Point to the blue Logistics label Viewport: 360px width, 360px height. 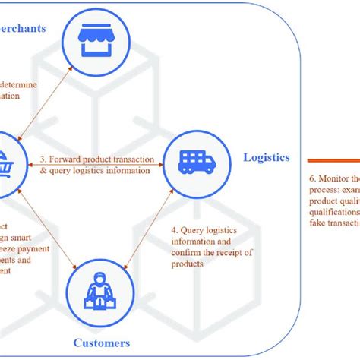click(266, 158)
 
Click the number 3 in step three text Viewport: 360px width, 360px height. click(42, 159)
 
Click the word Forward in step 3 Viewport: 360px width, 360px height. click(66, 159)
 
